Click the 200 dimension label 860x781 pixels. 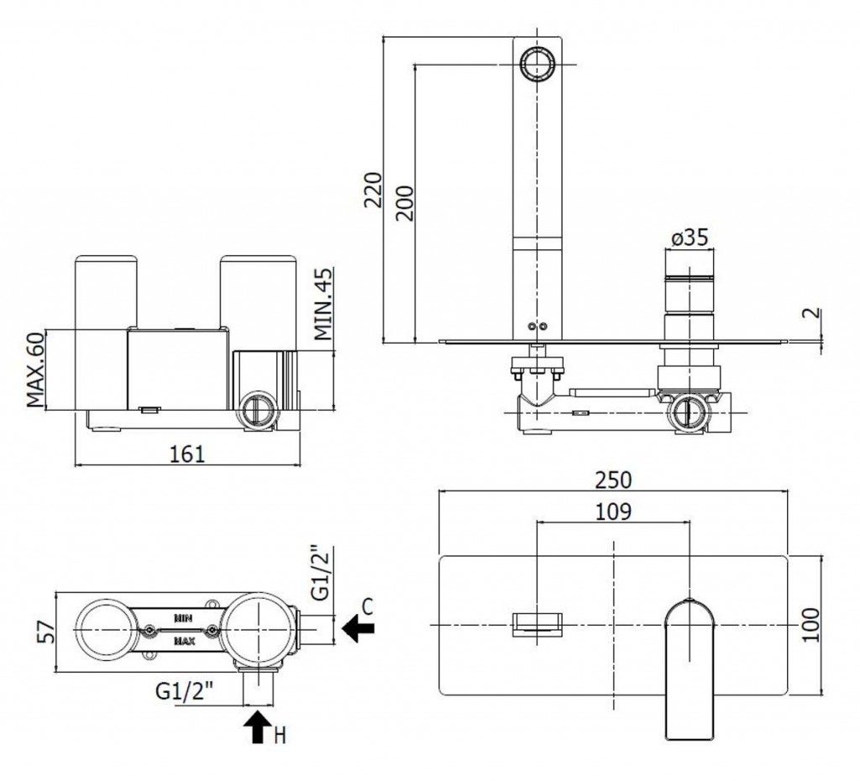point(405,201)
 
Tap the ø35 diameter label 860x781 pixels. point(690,238)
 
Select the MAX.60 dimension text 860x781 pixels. point(35,370)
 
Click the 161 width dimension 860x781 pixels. point(187,453)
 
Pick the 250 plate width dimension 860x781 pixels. point(613,480)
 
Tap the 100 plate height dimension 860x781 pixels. point(810,624)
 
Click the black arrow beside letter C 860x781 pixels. point(359,627)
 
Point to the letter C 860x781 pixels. point(368,605)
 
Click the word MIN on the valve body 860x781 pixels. point(185,617)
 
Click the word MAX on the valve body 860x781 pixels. point(185,642)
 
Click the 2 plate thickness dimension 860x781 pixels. point(810,314)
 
